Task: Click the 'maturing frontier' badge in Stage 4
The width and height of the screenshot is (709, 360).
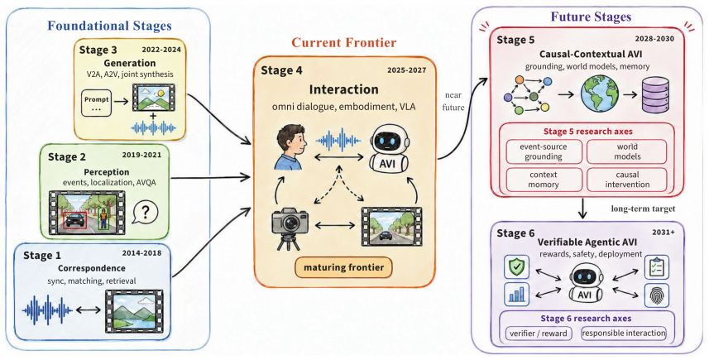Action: [343, 267]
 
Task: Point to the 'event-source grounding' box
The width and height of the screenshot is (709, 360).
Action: [544, 151]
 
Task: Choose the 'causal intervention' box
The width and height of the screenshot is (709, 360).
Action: [626, 180]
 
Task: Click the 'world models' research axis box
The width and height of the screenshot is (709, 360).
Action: [626, 151]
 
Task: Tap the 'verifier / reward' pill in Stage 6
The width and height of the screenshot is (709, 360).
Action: [539, 334]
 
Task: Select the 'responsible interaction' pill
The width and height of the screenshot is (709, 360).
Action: [624, 334]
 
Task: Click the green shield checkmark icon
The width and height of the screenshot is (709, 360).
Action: [516, 266]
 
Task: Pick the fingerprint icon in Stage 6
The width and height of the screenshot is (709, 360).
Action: [657, 295]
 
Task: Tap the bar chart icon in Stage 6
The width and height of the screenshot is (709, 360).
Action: [516, 295]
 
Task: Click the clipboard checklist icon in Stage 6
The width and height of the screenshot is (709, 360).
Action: [657, 266]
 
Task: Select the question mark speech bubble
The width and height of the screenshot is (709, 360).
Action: [145, 212]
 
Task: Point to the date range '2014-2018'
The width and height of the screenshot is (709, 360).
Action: [141, 253]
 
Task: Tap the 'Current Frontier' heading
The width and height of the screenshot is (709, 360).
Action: [344, 43]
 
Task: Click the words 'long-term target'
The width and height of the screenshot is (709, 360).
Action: [637, 209]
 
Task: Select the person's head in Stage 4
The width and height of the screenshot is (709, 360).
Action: [289, 138]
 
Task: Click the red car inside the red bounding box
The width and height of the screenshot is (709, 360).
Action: [75, 220]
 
